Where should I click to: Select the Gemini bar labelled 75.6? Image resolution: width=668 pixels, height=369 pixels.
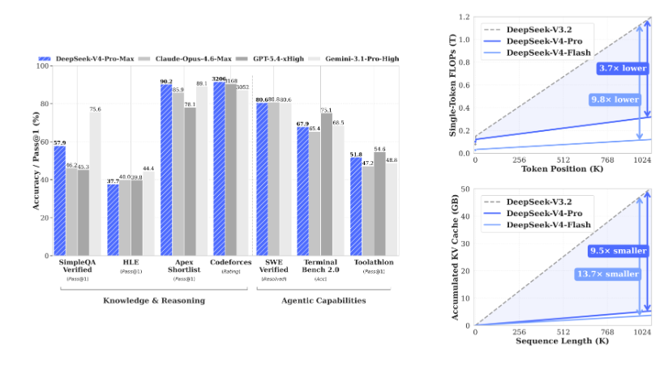pos(96,183)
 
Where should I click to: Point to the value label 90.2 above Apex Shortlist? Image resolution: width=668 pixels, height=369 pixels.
pos(165,81)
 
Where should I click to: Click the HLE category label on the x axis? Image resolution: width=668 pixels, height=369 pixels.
pos(130,264)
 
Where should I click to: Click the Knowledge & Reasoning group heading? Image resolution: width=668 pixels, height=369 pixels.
pos(153,300)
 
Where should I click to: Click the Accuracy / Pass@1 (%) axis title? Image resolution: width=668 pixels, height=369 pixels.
pos(35,160)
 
